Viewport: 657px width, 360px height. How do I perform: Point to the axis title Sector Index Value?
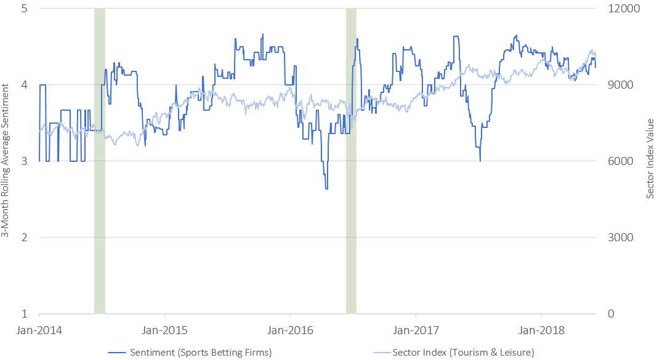click(649, 161)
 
